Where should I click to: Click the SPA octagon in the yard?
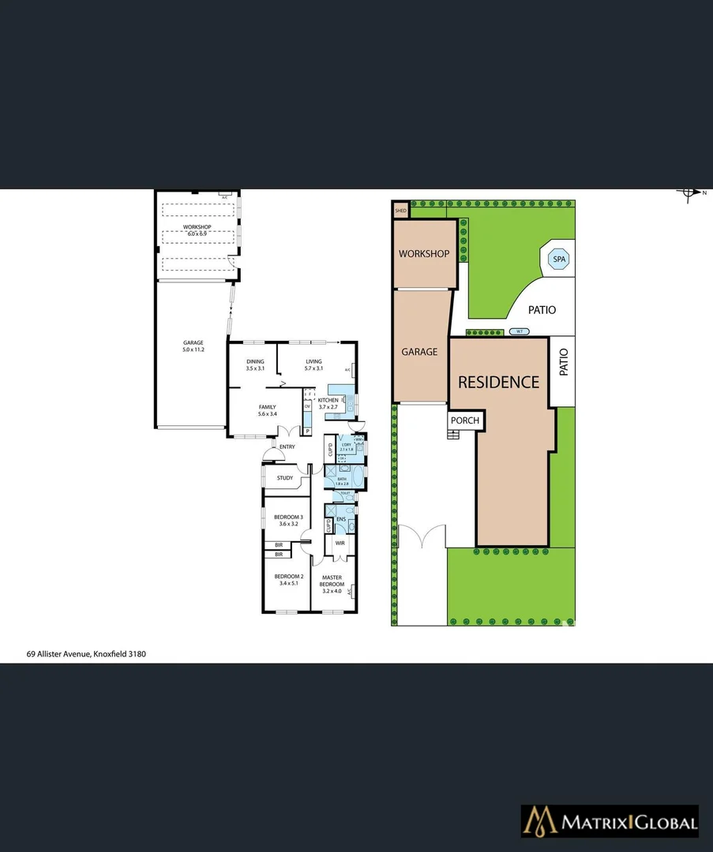click(x=559, y=259)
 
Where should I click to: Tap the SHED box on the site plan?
click(x=400, y=211)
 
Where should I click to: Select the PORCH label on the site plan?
click(x=464, y=420)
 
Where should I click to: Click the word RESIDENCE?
click(x=499, y=383)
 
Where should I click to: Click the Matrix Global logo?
click(x=609, y=823)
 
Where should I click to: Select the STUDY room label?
click(x=285, y=478)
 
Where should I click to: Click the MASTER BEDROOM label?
click(x=332, y=581)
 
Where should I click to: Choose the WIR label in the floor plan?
click(x=340, y=543)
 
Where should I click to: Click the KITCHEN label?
click(x=328, y=400)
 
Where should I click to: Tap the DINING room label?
click(x=254, y=362)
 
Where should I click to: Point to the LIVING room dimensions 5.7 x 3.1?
click(x=313, y=368)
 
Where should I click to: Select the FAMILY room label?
click(x=266, y=407)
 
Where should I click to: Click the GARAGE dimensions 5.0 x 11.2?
click(x=193, y=349)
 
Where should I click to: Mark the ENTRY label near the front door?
click(x=287, y=447)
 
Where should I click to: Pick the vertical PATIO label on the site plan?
click(x=564, y=363)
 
